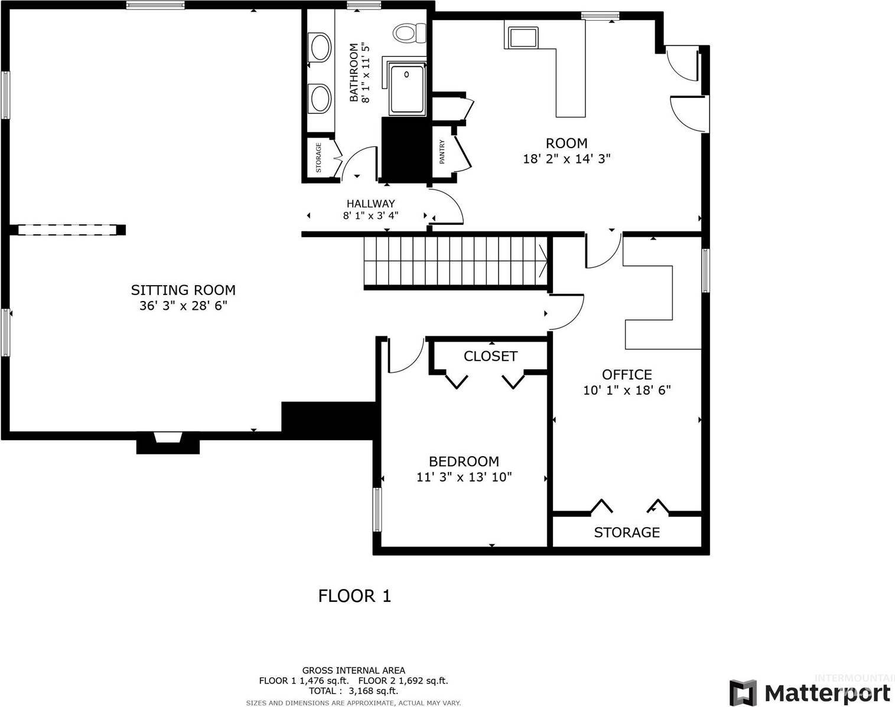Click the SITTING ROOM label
(183, 290)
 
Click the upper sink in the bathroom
(320, 47)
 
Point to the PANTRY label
(442, 152)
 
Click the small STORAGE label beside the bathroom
(318, 157)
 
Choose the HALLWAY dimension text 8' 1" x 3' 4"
(370, 215)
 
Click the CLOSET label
(490, 356)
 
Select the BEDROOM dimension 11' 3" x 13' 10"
(464, 477)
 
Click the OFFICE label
(627, 374)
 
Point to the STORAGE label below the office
(626, 532)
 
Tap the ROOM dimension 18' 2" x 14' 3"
(567, 159)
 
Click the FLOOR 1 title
(354, 596)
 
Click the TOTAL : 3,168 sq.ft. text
(353, 690)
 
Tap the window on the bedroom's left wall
(377, 509)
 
